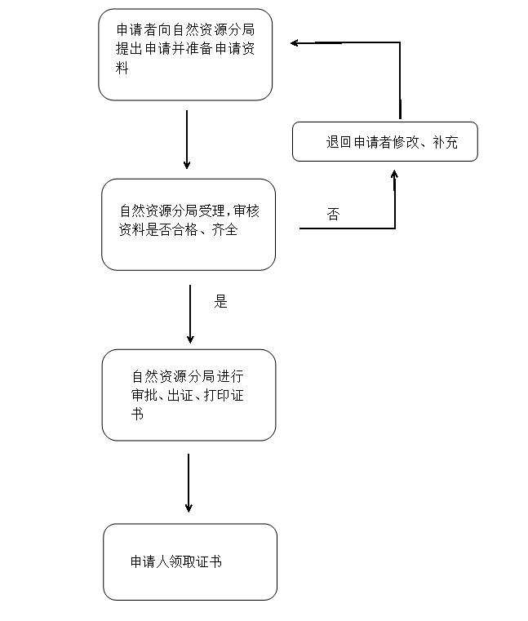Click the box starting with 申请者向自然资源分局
tap(185, 55)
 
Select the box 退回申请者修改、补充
tap(384, 142)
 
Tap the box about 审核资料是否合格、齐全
tap(189, 224)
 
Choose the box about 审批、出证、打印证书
tap(189, 395)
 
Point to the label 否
tap(333, 215)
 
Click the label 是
tap(220, 302)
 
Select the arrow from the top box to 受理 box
tap(187, 139)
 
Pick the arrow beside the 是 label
tap(190, 314)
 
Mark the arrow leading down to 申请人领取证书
tap(189, 483)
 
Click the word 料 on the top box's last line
tap(122, 69)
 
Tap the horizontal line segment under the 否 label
tap(347, 228)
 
